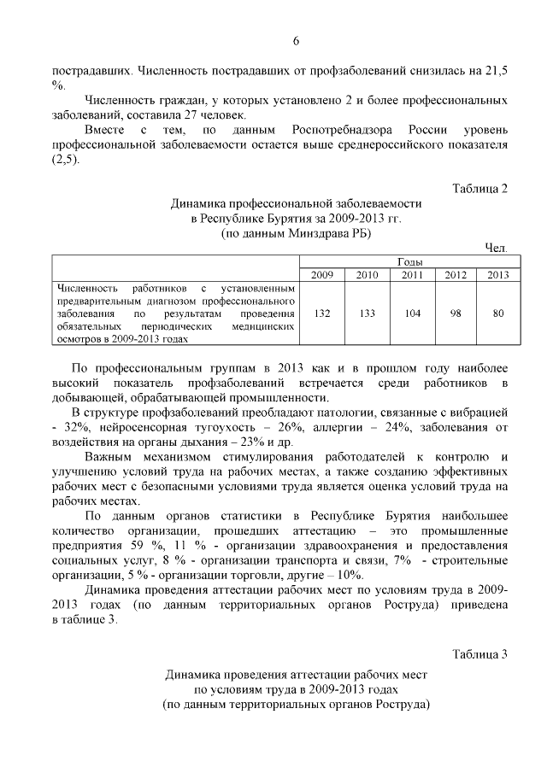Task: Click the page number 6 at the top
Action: [x=296, y=41]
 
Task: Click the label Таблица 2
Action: [x=479, y=189]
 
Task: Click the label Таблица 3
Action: [x=479, y=654]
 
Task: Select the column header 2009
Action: [x=322, y=275]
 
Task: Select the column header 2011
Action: [x=412, y=275]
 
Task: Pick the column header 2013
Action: [x=497, y=275]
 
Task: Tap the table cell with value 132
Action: [x=322, y=313]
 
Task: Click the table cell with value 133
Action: [x=368, y=313]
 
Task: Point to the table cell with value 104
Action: [x=412, y=313]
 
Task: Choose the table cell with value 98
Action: [x=456, y=313]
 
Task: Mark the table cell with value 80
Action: [x=497, y=313]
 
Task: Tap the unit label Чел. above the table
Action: [x=496, y=248]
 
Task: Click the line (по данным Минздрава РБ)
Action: [x=296, y=232]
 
